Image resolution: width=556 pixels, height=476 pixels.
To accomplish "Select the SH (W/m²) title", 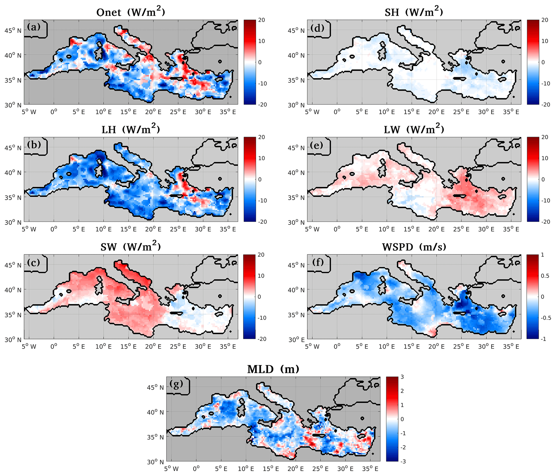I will click(414, 12).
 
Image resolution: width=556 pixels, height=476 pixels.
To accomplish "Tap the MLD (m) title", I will click(273, 369).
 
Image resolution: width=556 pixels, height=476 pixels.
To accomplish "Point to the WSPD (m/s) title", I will click(414, 247).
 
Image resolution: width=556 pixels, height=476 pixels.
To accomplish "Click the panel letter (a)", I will click(34, 27).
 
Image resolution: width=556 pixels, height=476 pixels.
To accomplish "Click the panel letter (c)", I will click(34, 262).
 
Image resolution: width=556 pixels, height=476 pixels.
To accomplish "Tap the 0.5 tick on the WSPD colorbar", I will click(545, 276).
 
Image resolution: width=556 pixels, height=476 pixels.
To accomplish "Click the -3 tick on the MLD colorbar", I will click(403, 461).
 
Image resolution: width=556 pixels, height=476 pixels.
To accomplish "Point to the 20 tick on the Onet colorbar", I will click(261, 20).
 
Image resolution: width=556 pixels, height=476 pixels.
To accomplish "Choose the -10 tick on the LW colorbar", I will click(545, 201).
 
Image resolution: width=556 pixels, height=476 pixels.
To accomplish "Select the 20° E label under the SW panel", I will click(153, 347).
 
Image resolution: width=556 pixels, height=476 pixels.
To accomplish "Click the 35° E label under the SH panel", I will click(511, 112).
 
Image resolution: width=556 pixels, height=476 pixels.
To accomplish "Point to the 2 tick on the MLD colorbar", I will click(402, 391).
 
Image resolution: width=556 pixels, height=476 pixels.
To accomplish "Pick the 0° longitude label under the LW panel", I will click(337, 229).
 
